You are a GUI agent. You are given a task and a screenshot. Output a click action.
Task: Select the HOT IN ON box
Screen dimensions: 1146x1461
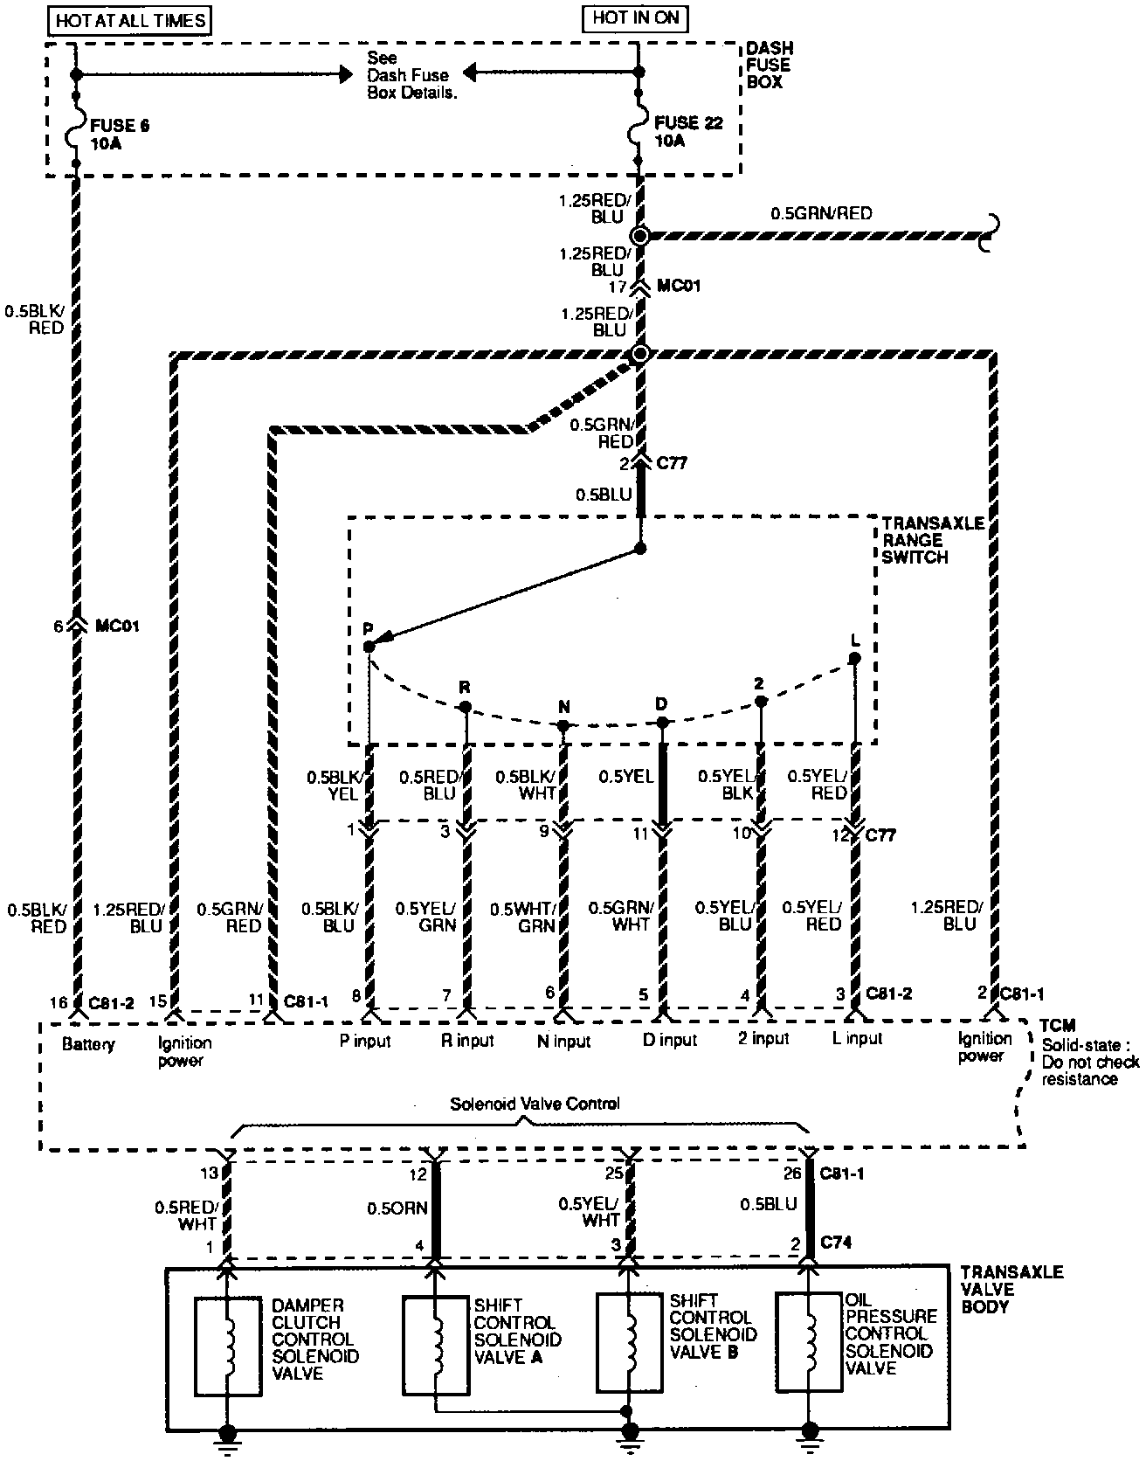point(636,17)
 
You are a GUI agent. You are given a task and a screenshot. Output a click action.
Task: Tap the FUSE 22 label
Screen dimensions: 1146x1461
point(688,131)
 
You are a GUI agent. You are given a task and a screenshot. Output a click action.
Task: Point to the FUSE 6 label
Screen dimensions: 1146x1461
point(119,134)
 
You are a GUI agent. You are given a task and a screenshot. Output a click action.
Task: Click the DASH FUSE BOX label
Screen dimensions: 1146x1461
point(770,65)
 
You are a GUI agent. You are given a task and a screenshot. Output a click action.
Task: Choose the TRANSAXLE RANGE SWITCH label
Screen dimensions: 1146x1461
point(931,539)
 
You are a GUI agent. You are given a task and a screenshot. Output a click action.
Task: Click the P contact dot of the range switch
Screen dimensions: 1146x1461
point(369,646)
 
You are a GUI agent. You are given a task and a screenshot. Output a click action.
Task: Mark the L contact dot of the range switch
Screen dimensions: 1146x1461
point(855,658)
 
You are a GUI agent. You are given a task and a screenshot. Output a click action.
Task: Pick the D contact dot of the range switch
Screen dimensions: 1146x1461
point(662,722)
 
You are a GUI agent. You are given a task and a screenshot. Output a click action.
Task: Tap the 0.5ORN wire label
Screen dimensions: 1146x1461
point(397,1208)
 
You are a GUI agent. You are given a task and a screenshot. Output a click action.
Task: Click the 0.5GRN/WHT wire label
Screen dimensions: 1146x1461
point(619,915)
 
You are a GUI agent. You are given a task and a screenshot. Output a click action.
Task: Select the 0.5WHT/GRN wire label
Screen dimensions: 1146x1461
point(522,917)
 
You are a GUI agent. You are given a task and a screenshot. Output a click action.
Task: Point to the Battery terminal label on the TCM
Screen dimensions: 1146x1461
point(88,1043)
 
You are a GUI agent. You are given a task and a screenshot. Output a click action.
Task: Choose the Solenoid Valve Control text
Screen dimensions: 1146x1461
point(535,1104)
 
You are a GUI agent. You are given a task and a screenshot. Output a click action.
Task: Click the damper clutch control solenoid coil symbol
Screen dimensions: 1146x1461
point(227,1347)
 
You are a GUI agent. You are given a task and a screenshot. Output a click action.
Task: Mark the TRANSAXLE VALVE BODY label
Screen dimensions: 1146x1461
point(1011,1289)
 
